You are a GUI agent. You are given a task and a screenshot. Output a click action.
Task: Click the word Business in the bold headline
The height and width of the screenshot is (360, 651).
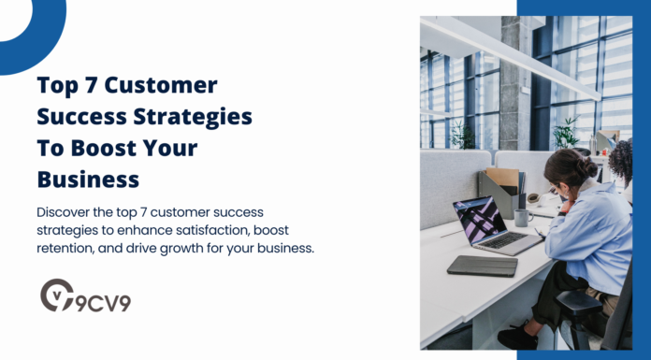tap(88, 180)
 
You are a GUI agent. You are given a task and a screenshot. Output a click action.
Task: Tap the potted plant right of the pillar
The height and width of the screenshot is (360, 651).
tap(564, 133)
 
